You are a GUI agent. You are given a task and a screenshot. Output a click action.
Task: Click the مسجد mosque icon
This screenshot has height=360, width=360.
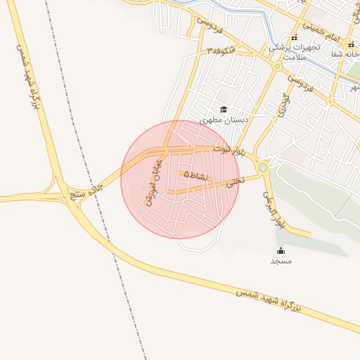pyautogui.click(x=281, y=251)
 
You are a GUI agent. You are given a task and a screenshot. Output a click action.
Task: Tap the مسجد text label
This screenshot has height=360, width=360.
pyautogui.click(x=281, y=261)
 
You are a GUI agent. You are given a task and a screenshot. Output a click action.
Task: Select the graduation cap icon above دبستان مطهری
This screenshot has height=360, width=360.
pyautogui.click(x=224, y=109)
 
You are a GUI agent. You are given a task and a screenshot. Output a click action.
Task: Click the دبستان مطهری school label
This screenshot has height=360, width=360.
pyautogui.click(x=224, y=120)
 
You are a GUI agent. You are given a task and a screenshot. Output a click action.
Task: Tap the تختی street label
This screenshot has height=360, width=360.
pyautogui.click(x=233, y=181)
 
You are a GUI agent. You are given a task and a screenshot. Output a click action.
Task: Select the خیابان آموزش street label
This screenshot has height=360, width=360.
pyautogui.click(x=150, y=181)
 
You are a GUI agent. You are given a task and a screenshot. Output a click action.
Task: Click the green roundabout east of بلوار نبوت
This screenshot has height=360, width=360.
pyautogui.click(x=263, y=167)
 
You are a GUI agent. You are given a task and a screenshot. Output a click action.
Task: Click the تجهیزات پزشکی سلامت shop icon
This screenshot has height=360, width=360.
pyautogui.click(x=294, y=38)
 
